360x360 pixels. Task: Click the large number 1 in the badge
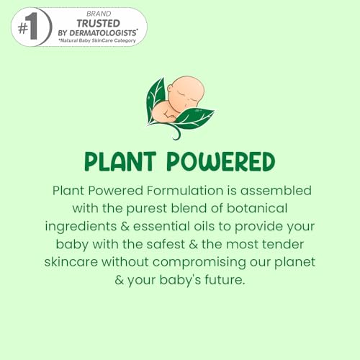[x=32, y=27]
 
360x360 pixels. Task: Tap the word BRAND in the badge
[x=99, y=14]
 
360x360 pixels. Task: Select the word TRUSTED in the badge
[x=99, y=24]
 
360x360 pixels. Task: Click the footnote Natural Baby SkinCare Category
[x=97, y=40]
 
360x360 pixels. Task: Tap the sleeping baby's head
[x=186, y=91]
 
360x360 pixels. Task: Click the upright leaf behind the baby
[x=156, y=101]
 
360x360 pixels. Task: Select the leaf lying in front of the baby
[x=192, y=118]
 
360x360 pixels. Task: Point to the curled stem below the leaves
[x=177, y=133]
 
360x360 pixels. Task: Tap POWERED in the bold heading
[x=220, y=161]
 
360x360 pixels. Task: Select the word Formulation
[x=185, y=191]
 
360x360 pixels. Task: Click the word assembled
[x=276, y=191]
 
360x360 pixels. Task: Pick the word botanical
[x=257, y=208]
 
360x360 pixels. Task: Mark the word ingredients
[x=81, y=227]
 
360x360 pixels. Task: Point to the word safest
[x=166, y=244]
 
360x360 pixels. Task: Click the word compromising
[x=199, y=262]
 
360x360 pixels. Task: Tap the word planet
[x=294, y=262]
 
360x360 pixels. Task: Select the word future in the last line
[x=225, y=280]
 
